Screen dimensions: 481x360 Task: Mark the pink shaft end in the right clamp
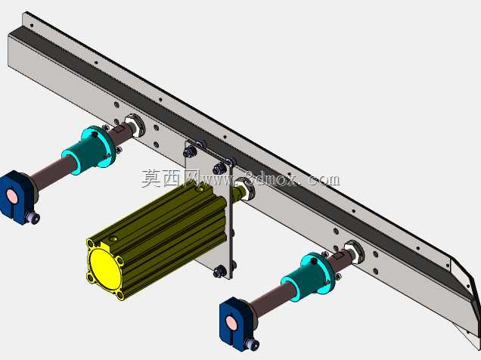point(231,322)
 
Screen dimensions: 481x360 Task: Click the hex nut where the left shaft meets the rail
point(135,124)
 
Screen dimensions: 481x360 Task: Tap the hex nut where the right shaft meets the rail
point(355,252)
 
